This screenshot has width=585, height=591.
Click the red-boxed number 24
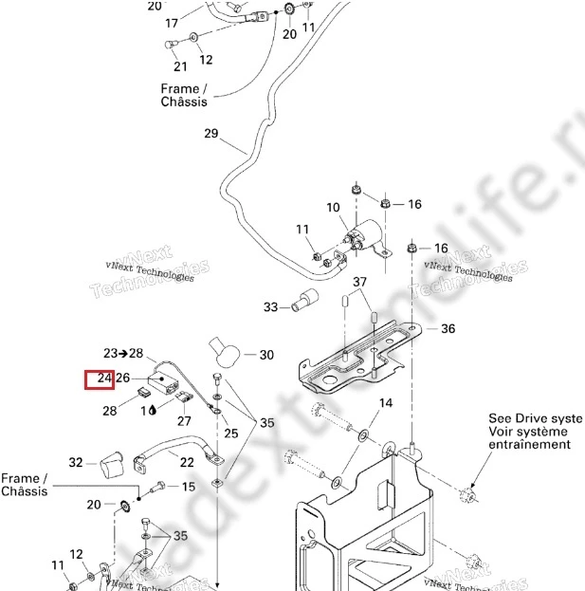point(100,379)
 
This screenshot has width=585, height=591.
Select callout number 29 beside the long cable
point(210,133)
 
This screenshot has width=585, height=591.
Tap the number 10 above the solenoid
point(333,207)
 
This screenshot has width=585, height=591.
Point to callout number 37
point(360,283)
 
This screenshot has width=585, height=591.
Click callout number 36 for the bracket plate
point(448,329)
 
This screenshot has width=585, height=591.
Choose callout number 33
point(271,306)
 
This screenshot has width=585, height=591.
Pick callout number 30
point(265,355)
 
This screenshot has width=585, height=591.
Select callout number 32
point(76,462)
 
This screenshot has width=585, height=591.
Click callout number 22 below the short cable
point(187,462)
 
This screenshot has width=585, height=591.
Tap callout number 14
point(385,403)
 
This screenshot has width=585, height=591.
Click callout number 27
point(184,421)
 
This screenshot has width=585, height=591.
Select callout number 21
point(180,66)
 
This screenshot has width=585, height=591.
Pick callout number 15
point(188,487)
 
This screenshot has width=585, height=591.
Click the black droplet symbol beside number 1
point(155,412)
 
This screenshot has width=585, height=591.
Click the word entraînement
point(530,444)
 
